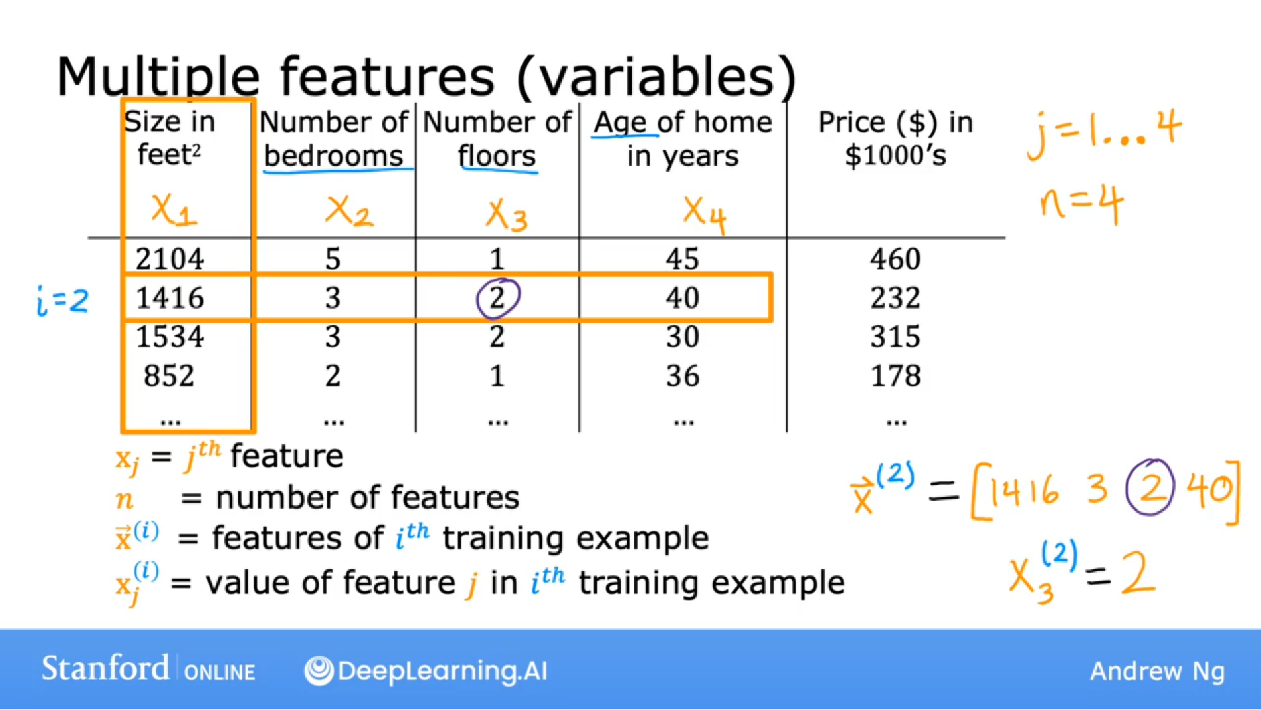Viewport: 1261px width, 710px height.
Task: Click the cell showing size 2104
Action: pyautogui.click(x=170, y=259)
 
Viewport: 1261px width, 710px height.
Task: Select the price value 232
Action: pyautogui.click(x=895, y=298)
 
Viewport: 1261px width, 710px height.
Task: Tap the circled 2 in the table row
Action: pyautogui.click(x=498, y=298)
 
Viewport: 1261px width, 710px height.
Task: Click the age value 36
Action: pyautogui.click(x=682, y=376)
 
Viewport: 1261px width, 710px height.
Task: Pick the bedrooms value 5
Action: pyautogui.click(x=333, y=259)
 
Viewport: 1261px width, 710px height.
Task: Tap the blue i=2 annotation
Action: pyautogui.click(x=62, y=301)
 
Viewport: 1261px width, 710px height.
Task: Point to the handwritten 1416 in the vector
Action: pyautogui.click(x=1024, y=490)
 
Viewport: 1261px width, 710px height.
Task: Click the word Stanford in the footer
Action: pyautogui.click(x=105, y=669)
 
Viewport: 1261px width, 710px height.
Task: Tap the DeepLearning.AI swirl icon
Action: pyautogui.click(x=319, y=671)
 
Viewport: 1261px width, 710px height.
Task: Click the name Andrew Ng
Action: pyautogui.click(x=1156, y=671)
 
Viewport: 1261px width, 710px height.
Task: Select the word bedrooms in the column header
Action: pyautogui.click(x=333, y=157)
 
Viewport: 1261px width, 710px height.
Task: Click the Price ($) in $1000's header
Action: pyautogui.click(x=895, y=139)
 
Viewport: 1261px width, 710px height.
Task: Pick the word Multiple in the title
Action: pyautogui.click(x=158, y=78)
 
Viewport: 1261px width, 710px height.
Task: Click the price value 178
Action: pyautogui.click(x=895, y=376)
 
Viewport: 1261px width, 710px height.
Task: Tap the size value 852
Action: pyautogui.click(x=169, y=376)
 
